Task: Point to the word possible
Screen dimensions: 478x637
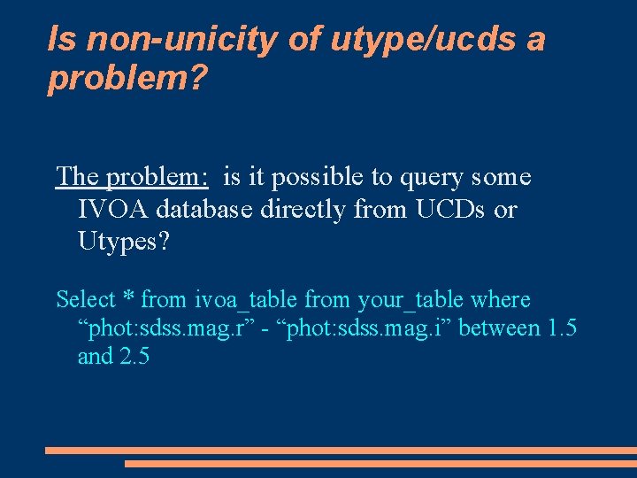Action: (x=311, y=177)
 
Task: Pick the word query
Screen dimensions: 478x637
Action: (x=404, y=177)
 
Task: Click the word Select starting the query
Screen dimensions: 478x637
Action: (x=86, y=300)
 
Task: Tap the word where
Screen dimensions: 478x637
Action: (x=501, y=300)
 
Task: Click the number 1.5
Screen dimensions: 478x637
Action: (x=563, y=328)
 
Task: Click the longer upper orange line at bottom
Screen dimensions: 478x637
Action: (x=340, y=451)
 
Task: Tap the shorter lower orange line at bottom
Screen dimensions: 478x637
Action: (x=380, y=463)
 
